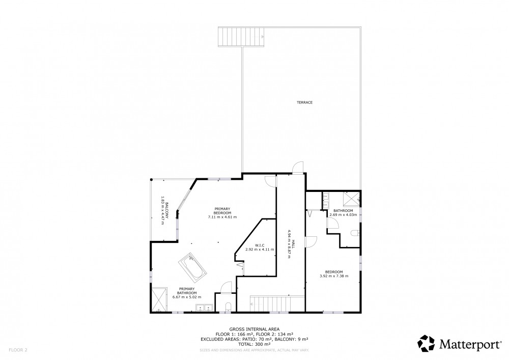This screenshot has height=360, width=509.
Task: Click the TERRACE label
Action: coord(304,102)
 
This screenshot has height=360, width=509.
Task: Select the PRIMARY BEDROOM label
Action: coord(222,211)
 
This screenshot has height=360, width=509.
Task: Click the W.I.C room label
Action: coord(260,245)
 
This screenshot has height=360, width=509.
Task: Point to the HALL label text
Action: coord(293,244)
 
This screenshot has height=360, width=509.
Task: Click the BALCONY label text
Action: coord(167,210)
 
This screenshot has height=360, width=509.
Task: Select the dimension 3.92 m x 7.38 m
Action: coord(334,276)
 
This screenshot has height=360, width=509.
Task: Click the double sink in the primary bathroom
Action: coord(204,308)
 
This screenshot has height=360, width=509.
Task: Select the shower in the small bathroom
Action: coord(351,199)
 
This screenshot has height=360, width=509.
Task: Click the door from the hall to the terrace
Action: coord(298,168)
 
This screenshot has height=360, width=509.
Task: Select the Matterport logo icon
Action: coord(426,343)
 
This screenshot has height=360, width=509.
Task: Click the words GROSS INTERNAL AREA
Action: coord(254,329)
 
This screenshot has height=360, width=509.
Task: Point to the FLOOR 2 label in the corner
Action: coord(18,350)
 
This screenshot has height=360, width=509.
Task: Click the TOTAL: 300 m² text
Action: coord(254,344)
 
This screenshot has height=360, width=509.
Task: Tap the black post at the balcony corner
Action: coord(151,180)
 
